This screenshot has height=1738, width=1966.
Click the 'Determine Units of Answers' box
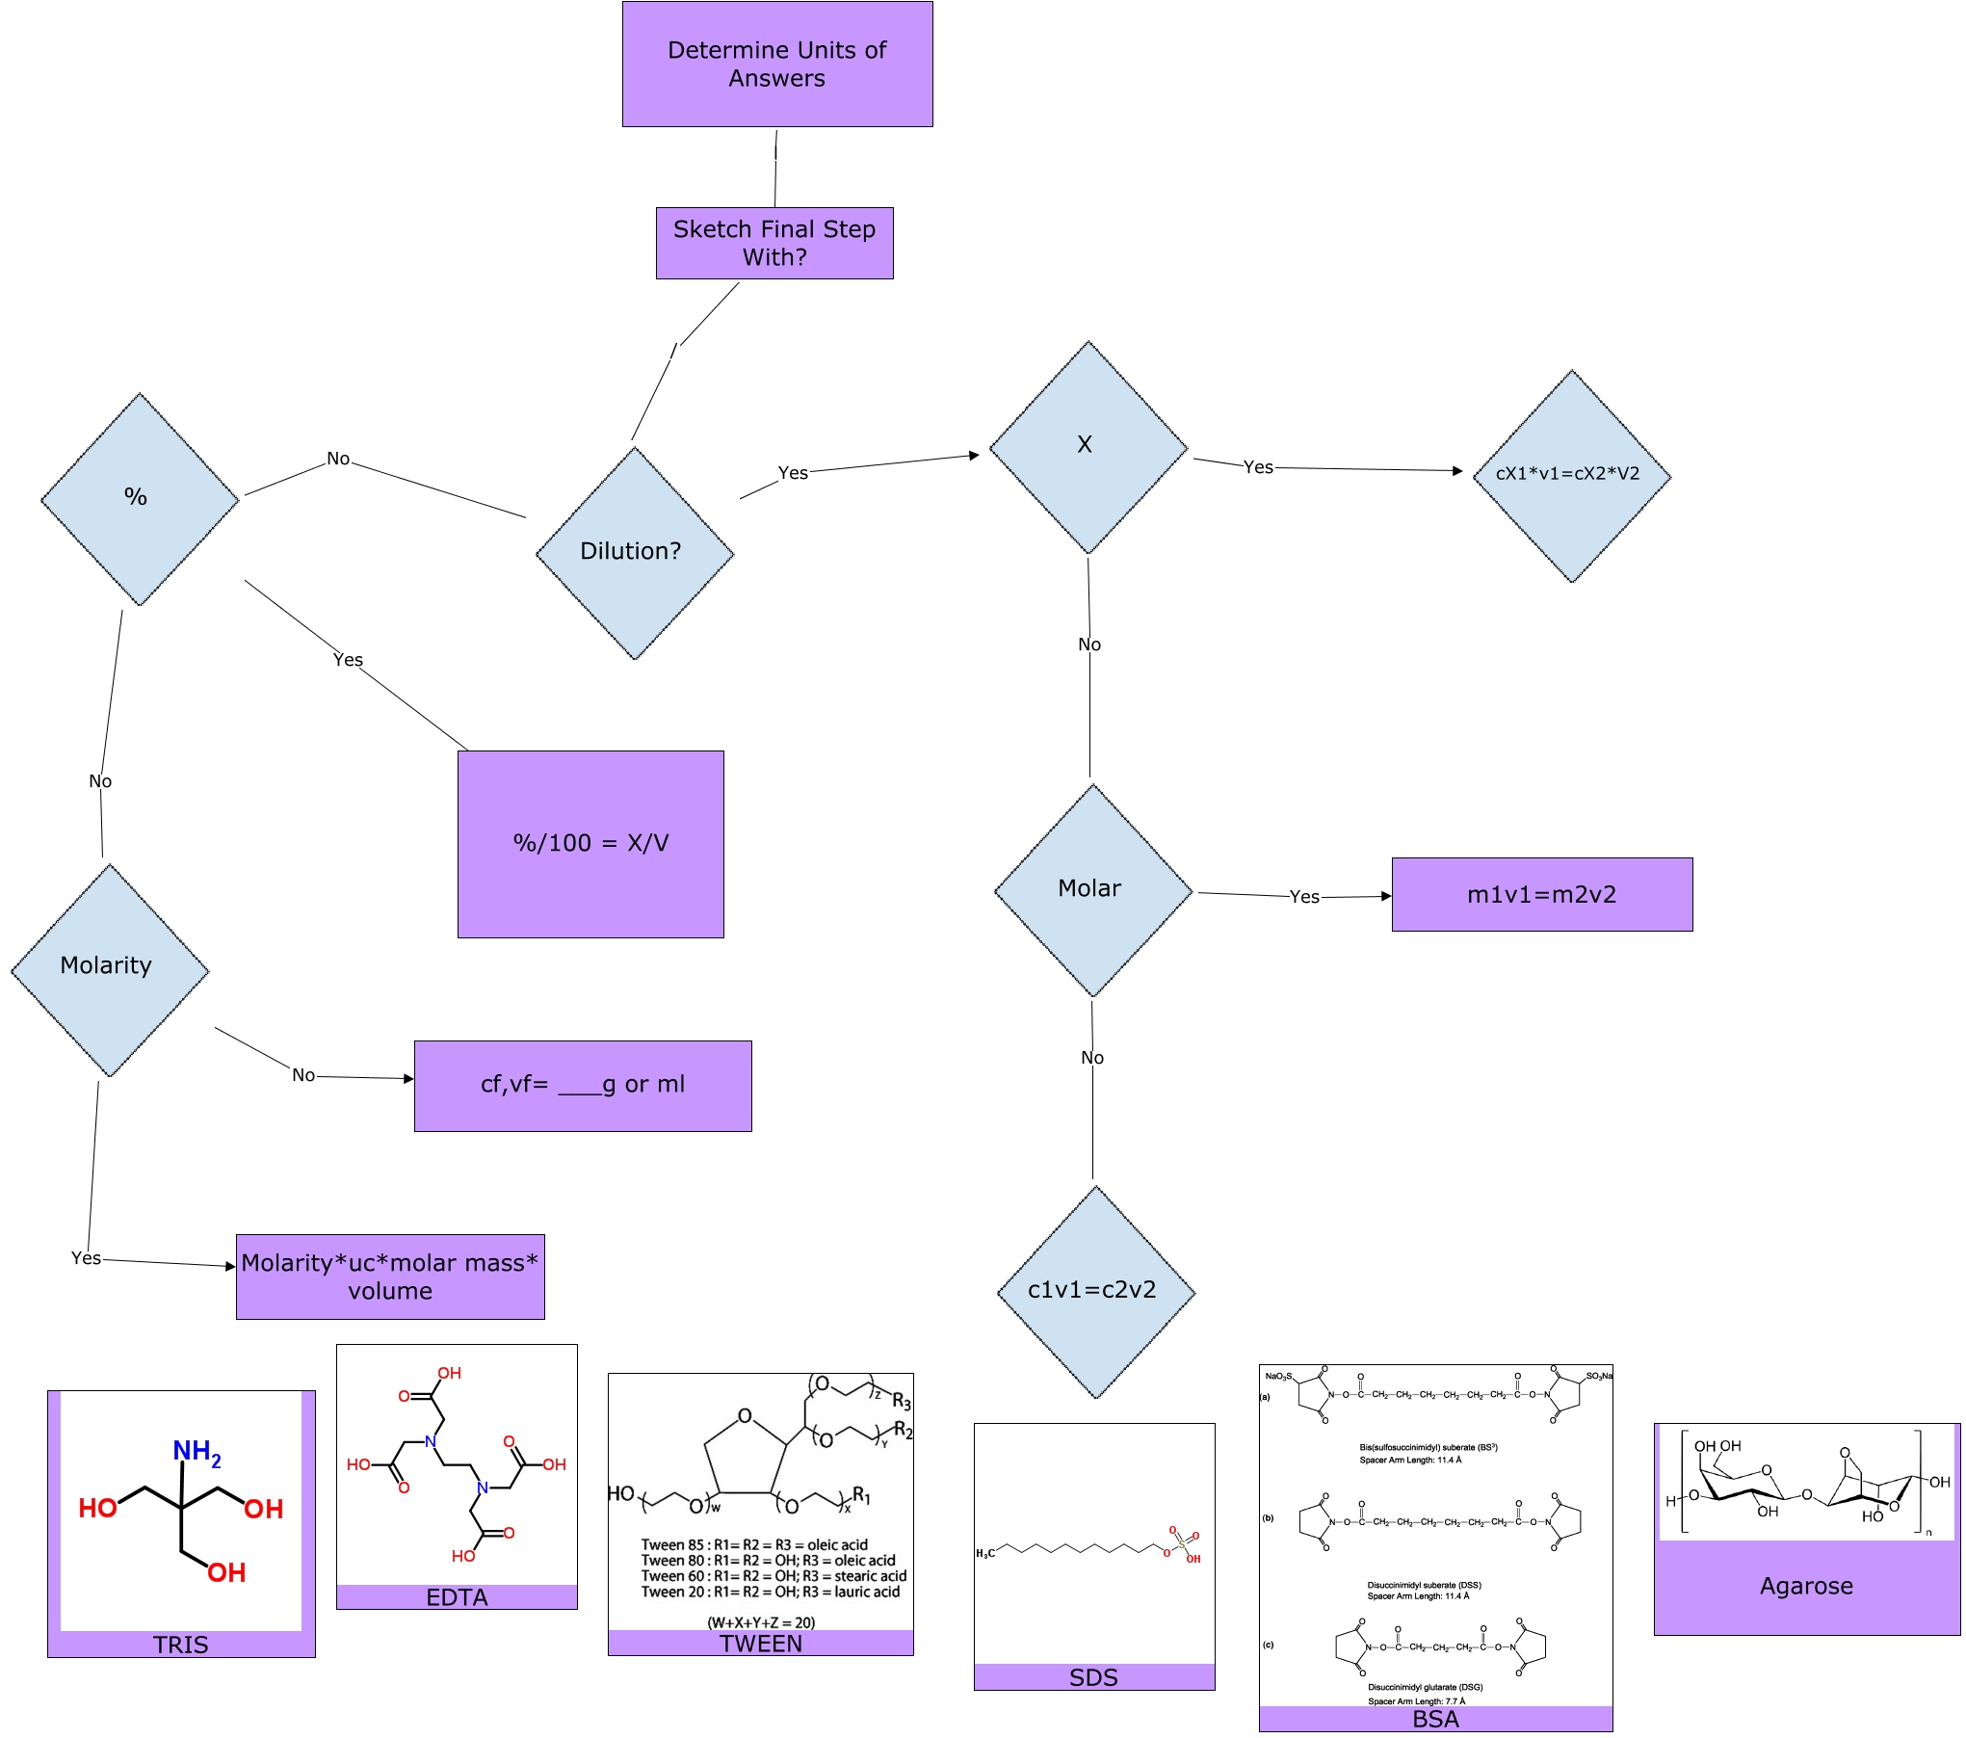tap(776, 65)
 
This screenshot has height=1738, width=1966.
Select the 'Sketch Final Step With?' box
tap(774, 243)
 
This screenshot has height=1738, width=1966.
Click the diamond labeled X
tap(1088, 447)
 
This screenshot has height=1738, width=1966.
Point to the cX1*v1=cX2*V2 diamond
tap(1571, 475)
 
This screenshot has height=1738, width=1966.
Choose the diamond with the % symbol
tap(139, 499)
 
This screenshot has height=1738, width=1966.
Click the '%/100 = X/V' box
tap(590, 844)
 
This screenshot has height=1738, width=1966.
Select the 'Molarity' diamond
tap(109, 969)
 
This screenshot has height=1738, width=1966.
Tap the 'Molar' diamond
tap(1092, 890)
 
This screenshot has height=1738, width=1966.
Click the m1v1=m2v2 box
tap(1541, 895)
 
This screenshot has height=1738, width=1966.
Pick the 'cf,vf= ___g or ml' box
tap(583, 1086)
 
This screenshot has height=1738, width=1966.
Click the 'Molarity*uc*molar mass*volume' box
tap(390, 1277)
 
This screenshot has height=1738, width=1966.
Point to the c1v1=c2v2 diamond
tap(1095, 1291)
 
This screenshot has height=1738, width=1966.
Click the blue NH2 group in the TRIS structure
tap(197, 1452)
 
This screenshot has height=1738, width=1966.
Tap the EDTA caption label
tap(457, 1597)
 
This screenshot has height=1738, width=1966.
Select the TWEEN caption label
tap(760, 1644)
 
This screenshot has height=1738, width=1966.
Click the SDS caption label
tap(1093, 1677)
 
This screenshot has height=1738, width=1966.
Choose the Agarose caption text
tap(1806, 1586)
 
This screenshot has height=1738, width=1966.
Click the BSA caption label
tap(1435, 1719)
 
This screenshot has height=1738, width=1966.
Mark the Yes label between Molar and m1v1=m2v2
tap(1304, 897)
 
